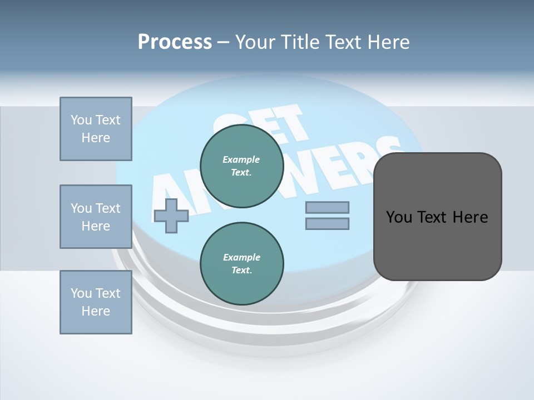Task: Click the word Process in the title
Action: coord(175,42)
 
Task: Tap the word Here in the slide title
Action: coord(388,42)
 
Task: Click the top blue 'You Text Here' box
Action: coord(96,129)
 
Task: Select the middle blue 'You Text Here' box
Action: coord(96,217)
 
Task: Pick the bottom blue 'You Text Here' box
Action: coord(96,302)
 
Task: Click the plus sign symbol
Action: coord(171,216)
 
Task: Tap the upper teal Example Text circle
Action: coord(241,166)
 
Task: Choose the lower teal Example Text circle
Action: coord(241,264)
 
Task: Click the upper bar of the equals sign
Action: coord(327,207)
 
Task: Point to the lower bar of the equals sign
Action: coord(327,223)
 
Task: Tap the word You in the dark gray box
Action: coord(398,217)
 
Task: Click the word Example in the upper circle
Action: coord(241,159)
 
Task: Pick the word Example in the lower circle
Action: coord(241,257)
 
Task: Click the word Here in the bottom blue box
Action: coord(96,311)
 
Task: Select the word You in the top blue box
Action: coord(81,120)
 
